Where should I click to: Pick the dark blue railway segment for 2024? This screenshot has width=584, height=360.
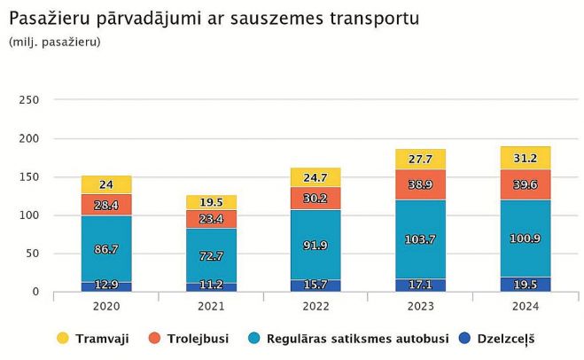pos(526,284)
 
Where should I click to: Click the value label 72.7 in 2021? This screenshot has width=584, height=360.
pos(211,256)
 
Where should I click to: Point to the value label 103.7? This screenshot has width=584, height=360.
pos(420,240)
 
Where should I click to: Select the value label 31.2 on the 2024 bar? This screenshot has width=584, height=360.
pos(526,159)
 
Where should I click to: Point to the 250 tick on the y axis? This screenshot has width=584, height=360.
pos(28,100)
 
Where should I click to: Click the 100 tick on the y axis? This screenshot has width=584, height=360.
pos(28,215)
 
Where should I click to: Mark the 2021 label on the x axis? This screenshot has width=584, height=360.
pos(211,307)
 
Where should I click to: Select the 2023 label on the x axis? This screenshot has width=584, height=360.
pos(420,307)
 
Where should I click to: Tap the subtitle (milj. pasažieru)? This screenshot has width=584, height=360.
pos(55,42)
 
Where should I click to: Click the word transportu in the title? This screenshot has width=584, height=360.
pos(375,19)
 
